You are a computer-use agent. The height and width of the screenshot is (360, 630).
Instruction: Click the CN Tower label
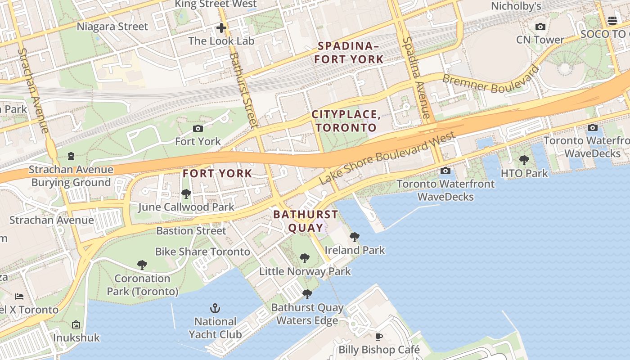(x=540, y=40)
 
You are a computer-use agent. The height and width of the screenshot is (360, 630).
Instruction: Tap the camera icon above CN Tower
(x=540, y=27)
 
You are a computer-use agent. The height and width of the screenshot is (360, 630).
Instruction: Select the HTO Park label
(x=524, y=173)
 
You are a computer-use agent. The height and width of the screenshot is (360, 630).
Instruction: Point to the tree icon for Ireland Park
(x=355, y=237)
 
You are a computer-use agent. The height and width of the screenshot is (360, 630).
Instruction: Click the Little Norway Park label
(x=305, y=271)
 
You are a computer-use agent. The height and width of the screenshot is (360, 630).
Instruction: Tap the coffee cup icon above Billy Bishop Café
(x=379, y=337)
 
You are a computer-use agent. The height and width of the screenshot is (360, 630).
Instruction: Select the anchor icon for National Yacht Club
(x=215, y=308)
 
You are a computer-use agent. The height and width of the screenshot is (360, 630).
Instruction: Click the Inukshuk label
(x=76, y=337)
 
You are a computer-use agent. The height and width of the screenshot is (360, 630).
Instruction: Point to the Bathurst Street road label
(x=243, y=89)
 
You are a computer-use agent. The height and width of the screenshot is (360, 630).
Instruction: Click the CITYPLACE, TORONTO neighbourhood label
(x=346, y=121)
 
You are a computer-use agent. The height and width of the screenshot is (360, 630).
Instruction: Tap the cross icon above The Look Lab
(x=221, y=28)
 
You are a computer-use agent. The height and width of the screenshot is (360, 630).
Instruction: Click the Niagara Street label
(x=112, y=27)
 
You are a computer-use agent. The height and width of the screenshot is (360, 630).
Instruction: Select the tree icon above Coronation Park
(x=142, y=265)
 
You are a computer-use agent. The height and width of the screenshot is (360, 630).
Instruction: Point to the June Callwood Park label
(x=186, y=207)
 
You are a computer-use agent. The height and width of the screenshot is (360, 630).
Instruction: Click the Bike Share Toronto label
(x=202, y=252)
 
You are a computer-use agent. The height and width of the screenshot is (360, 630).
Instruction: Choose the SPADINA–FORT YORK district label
(x=349, y=52)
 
